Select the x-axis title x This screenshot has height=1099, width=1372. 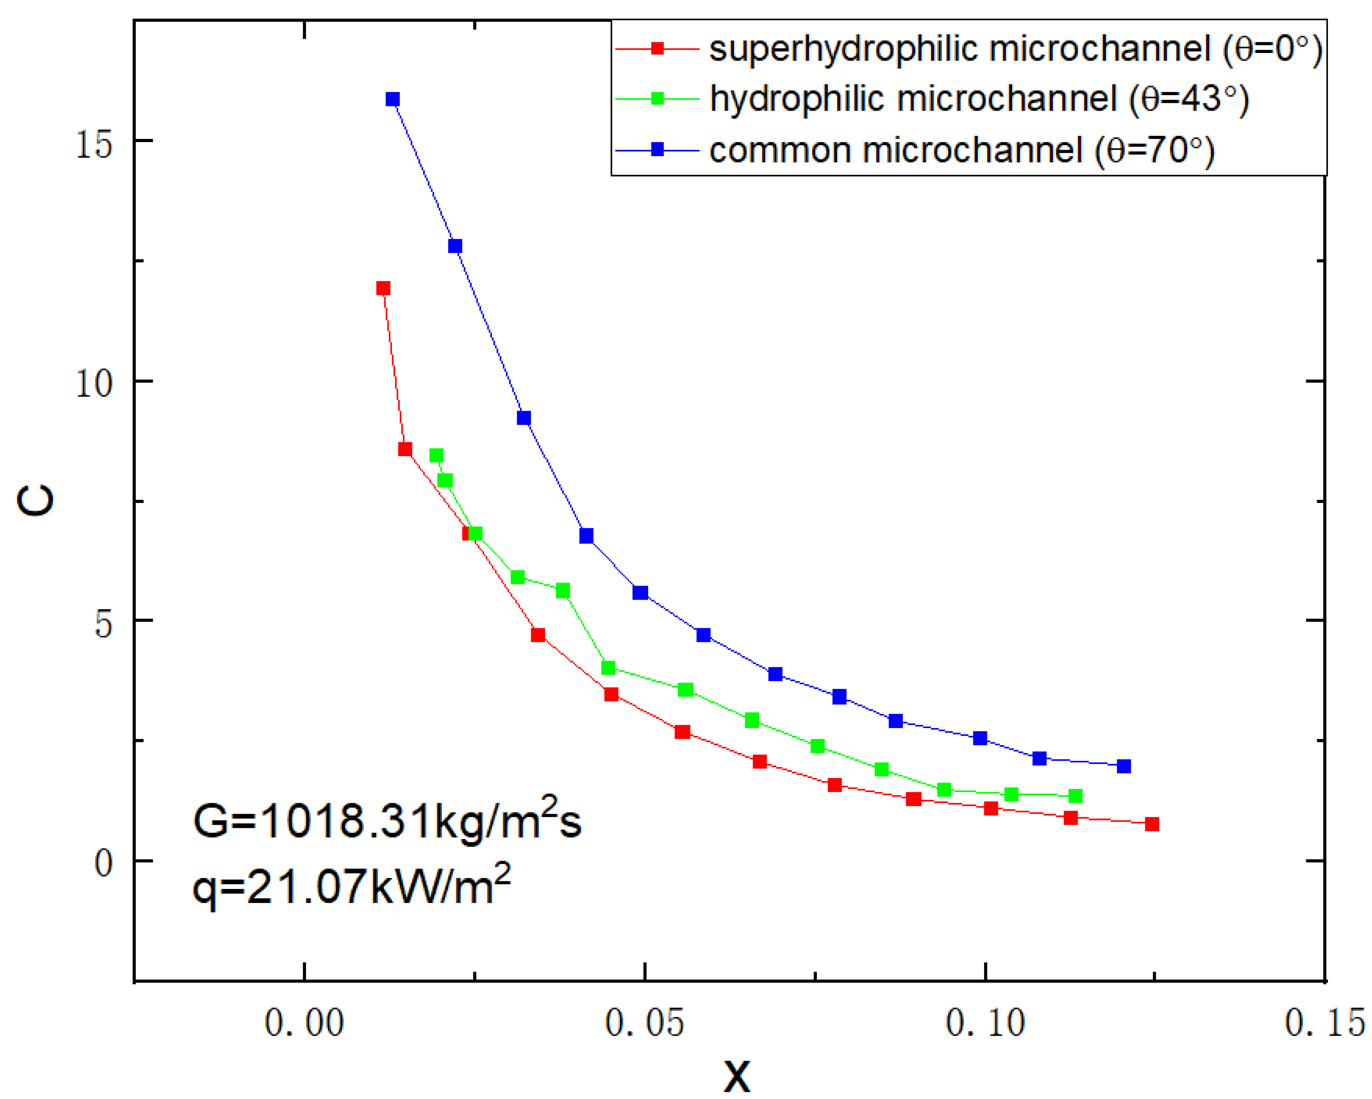[x=737, y=1075]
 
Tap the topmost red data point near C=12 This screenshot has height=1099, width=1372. [x=383, y=288]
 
